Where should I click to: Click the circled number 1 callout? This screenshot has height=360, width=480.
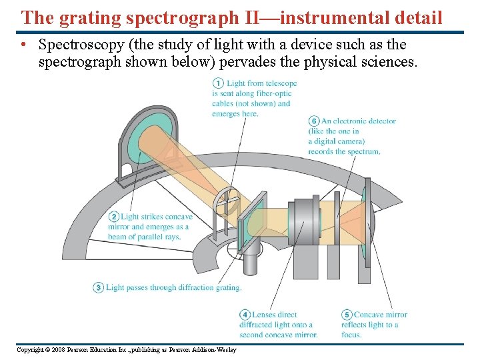tap(217, 83)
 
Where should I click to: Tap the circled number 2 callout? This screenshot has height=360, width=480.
tap(113, 217)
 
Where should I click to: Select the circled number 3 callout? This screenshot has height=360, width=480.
tap(98, 287)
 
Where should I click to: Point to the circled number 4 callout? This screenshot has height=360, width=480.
tap(245, 315)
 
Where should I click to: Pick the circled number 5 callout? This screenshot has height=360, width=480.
tap(347, 315)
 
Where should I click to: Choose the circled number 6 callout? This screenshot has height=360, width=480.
tap(314, 121)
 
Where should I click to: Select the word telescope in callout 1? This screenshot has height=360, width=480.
tap(281, 83)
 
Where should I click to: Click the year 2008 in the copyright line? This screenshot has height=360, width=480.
tap(57, 350)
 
